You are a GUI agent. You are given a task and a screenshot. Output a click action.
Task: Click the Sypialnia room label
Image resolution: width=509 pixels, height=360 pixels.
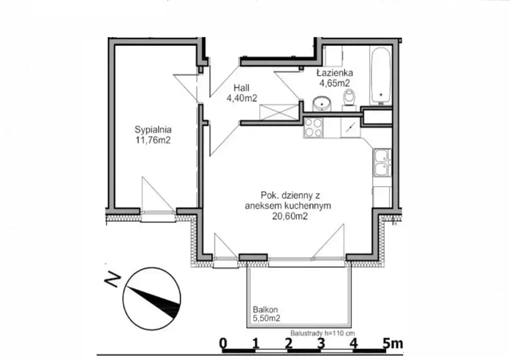(153, 130)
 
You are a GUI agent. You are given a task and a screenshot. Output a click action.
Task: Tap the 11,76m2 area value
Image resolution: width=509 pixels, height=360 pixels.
(153, 140)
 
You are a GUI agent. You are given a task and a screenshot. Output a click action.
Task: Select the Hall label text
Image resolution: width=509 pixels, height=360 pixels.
(241, 88)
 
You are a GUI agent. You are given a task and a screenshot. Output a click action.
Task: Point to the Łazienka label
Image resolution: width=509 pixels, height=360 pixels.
(335, 73)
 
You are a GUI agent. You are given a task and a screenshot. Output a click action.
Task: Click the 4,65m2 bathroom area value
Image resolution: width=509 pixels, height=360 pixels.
(334, 83)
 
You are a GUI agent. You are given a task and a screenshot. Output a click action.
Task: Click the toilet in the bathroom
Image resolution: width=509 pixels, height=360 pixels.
(349, 98)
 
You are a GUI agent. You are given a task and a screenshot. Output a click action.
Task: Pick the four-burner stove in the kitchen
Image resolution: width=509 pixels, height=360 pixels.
(313, 128)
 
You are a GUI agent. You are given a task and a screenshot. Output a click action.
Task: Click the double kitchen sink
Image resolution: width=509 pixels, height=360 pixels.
(382, 163)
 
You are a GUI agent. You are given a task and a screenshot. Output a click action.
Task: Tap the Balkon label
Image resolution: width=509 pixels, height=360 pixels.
(265, 309)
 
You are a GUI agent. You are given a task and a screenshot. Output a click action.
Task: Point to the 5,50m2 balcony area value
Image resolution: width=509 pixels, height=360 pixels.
(266, 318)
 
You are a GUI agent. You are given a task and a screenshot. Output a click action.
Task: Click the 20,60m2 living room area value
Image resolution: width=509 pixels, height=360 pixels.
(290, 216)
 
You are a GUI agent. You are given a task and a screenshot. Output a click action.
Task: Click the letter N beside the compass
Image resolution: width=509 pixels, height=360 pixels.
(112, 279)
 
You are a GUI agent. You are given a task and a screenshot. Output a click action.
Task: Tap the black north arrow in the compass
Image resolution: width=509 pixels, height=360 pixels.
(154, 302)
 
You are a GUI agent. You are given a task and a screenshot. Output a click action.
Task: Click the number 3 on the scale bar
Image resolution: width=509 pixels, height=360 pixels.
(321, 343)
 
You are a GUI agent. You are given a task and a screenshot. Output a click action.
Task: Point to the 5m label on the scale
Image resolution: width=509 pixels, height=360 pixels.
(392, 343)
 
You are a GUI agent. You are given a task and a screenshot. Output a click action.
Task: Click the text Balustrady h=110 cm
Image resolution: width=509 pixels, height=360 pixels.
(322, 333)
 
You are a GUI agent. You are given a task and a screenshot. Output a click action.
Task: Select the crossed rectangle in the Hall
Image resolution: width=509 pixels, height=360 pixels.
(279, 112)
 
